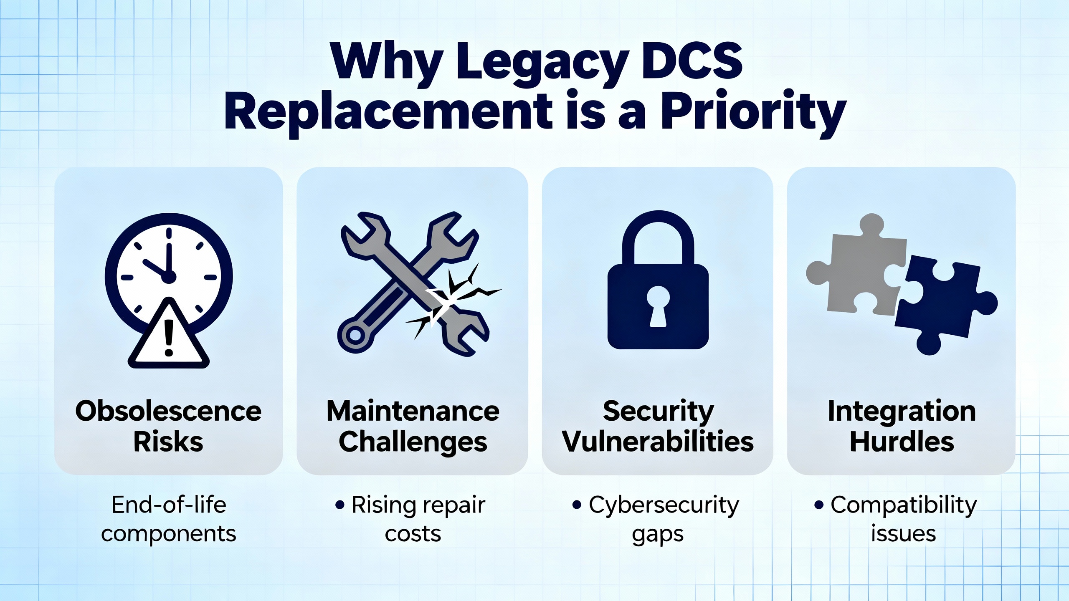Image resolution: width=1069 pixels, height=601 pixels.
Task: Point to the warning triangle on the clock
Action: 169,336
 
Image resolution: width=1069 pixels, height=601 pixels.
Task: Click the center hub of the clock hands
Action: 169,277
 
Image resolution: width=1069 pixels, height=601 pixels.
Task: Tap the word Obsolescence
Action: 168,411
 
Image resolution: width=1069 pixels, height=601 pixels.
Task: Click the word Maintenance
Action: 413,411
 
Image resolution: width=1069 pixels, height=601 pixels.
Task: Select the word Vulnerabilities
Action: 658,442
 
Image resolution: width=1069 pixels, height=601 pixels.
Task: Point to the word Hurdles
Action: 902,442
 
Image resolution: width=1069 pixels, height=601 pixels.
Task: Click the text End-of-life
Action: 169,505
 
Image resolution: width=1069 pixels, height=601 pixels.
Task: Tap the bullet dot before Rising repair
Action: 340,505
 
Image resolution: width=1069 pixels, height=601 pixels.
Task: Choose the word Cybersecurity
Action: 664,506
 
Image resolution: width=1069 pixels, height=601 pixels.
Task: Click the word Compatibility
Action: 904,506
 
